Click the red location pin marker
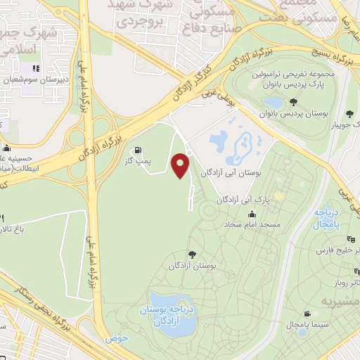pos(181,165)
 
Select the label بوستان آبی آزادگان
pos(231,172)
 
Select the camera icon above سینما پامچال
pos(307,314)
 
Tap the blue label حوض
pos(116,338)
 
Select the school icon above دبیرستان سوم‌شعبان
pos(36,68)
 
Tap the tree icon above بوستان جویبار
pos(349,115)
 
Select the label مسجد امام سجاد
pos(260,225)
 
